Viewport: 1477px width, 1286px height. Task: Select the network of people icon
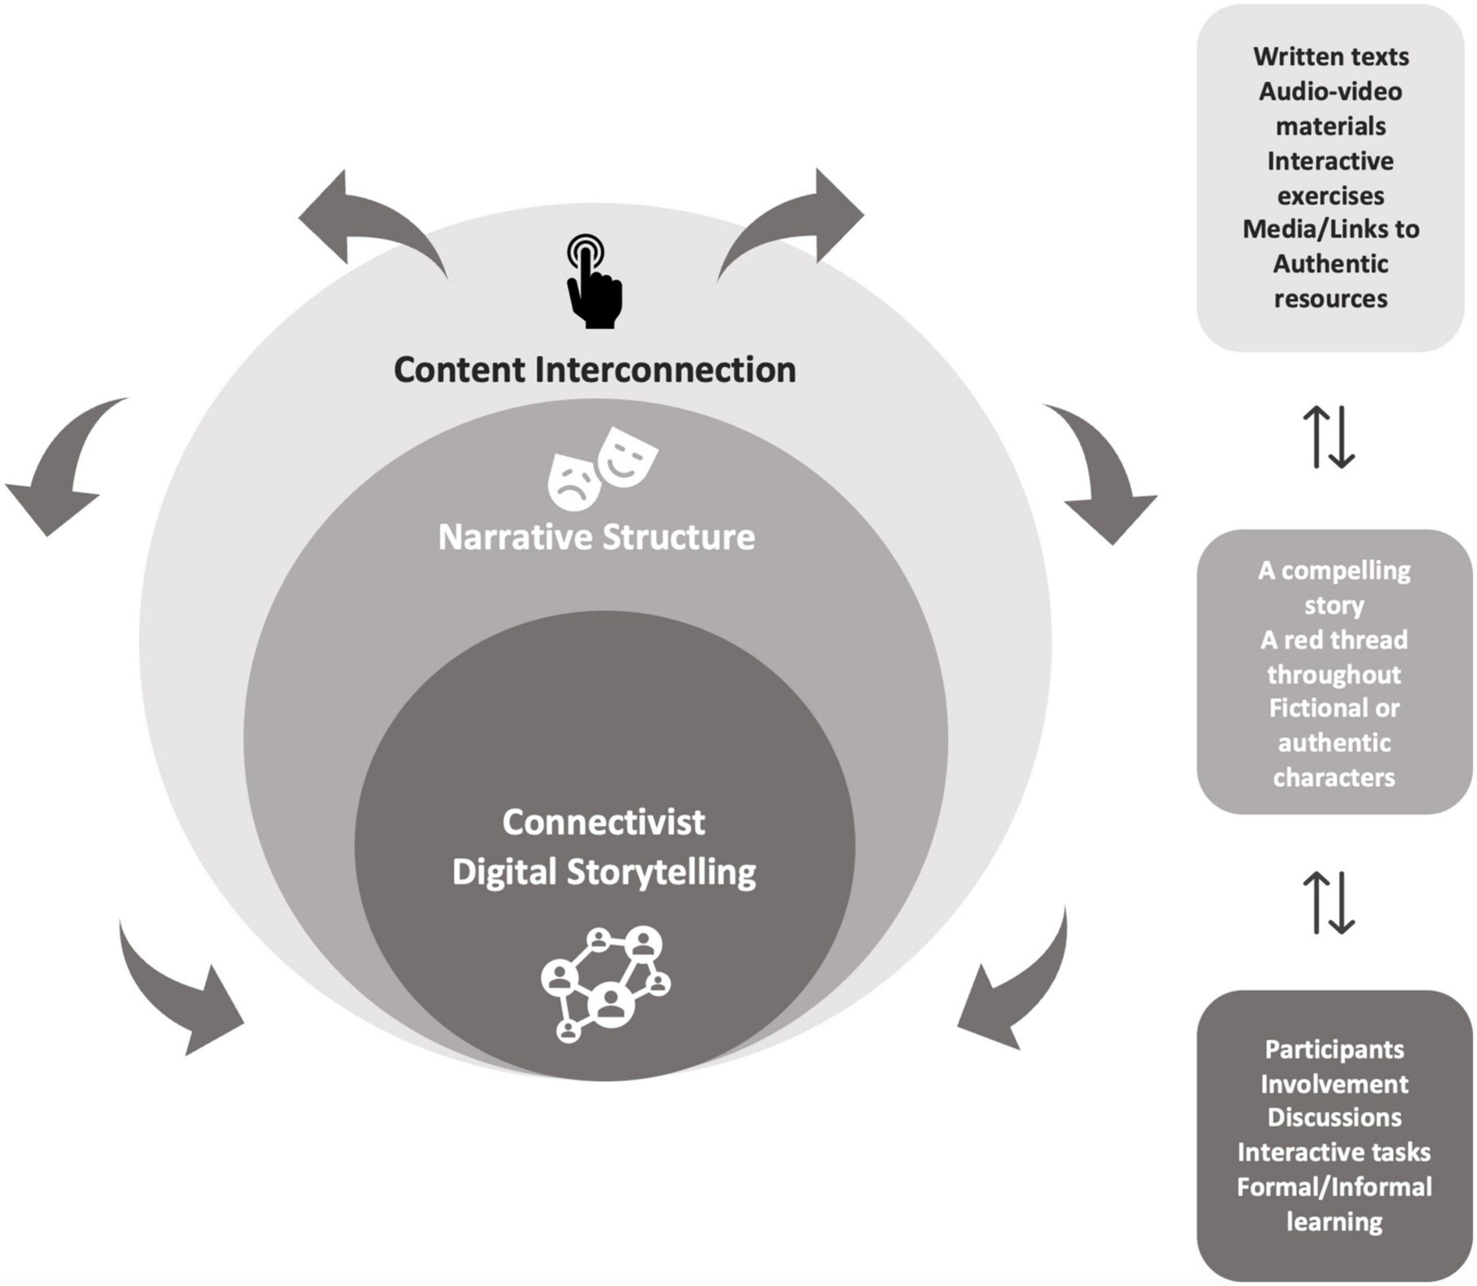(x=605, y=984)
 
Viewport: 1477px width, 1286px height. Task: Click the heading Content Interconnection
(x=595, y=370)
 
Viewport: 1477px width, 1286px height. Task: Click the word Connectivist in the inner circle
(x=603, y=822)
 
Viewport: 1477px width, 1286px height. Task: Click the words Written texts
(x=1330, y=57)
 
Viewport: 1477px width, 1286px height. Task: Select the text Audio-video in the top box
(x=1330, y=92)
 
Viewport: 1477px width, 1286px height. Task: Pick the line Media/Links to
(x=1330, y=230)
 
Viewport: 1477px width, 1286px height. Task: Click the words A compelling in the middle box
(x=1333, y=571)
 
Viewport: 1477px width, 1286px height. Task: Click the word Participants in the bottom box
(x=1333, y=1050)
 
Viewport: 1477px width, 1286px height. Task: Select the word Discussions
(x=1333, y=1118)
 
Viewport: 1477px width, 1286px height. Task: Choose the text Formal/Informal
(x=1333, y=1187)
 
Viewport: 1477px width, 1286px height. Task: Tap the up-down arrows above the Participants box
(x=1329, y=903)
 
